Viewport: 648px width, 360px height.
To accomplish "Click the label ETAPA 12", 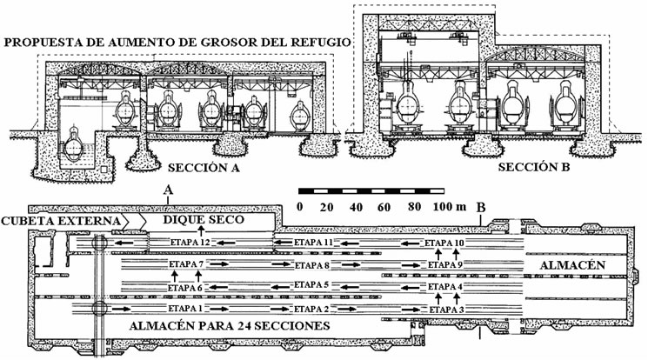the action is click(x=190, y=243).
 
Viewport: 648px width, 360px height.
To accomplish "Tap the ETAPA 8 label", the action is click(x=312, y=265).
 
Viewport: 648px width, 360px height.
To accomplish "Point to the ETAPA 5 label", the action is click(x=311, y=284).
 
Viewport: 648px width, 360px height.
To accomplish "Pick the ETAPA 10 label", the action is click(x=444, y=243).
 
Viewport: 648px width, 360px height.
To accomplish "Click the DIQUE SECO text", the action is click(x=204, y=219).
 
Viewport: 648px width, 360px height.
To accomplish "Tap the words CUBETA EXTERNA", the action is click(x=61, y=221).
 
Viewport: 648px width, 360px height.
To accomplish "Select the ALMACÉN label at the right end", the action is click(x=572, y=265).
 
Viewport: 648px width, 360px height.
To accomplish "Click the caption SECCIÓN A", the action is click(x=204, y=168).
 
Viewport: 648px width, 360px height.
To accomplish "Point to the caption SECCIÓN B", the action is click(x=533, y=167).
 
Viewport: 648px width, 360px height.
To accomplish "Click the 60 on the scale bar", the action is click(x=384, y=207).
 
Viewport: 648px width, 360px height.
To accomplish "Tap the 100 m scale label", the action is click(x=449, y=207).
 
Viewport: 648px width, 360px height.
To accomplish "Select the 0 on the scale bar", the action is click(x=300, y=207).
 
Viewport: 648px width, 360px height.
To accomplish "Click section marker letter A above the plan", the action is click(x=167, y=190).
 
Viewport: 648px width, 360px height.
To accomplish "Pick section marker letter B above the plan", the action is click(x=481, y=208).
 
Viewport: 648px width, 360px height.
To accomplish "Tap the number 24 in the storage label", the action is click(x=245, y=326).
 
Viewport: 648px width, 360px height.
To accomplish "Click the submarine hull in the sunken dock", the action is click(x=74, y=146).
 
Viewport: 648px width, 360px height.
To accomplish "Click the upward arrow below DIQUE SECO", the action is click(x=201, y=231).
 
